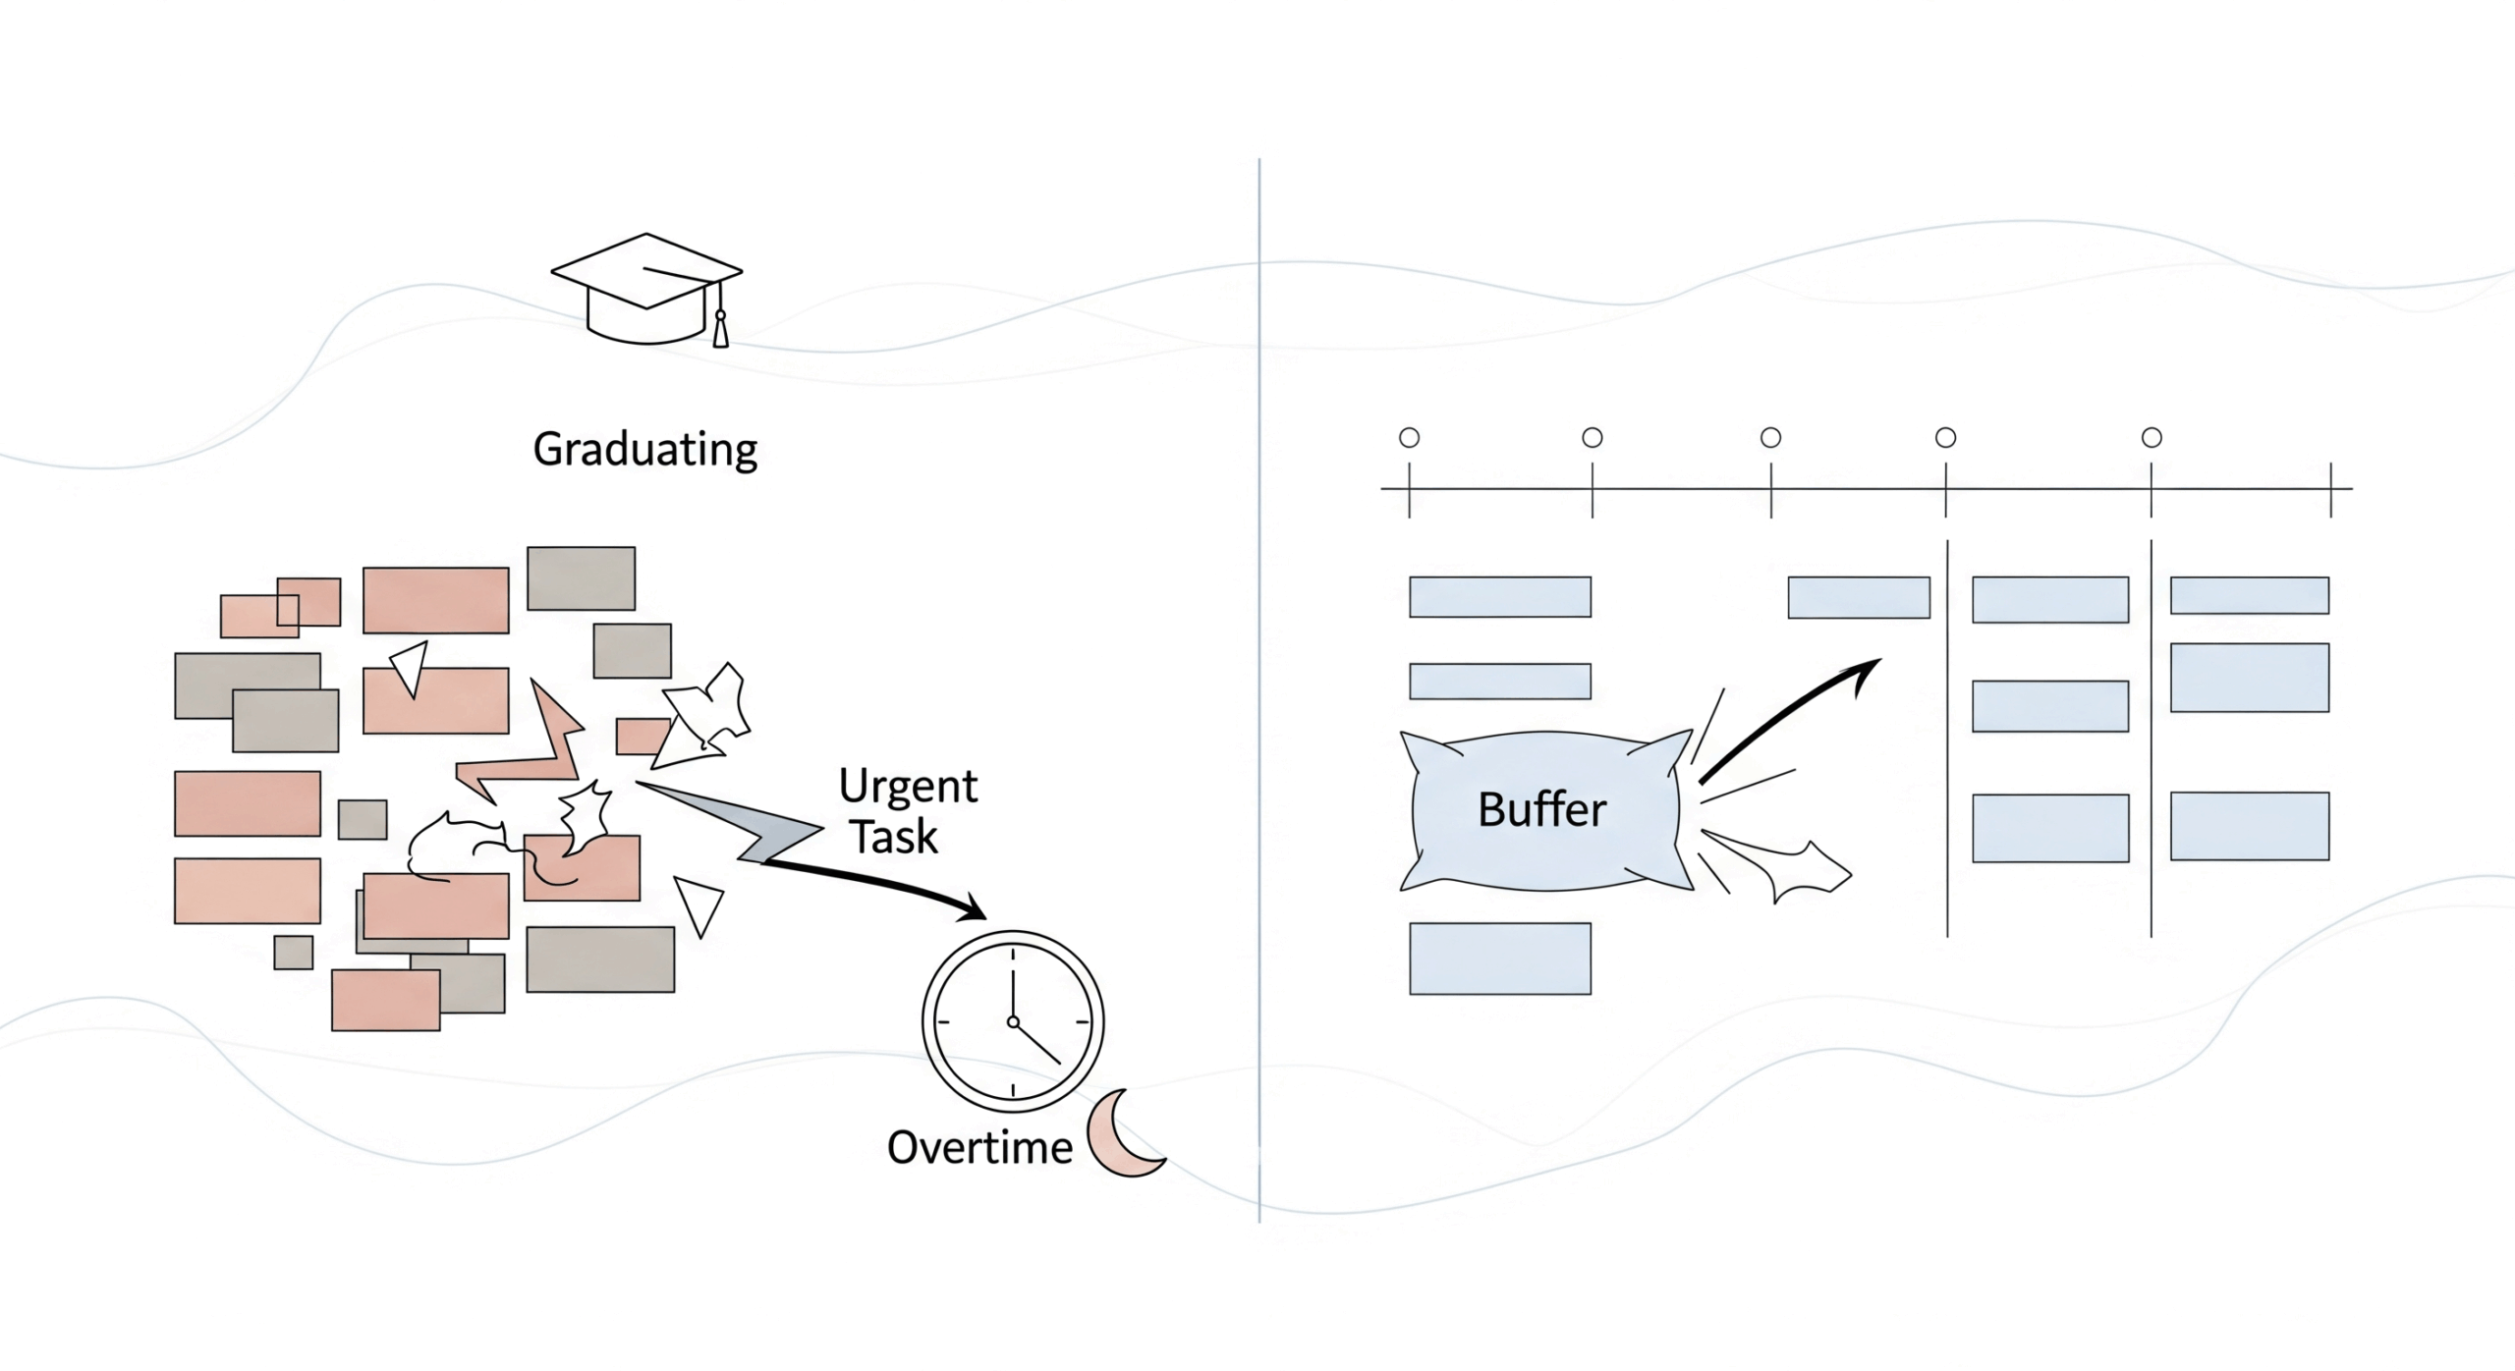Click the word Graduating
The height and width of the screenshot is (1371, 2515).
(x=644, y=450)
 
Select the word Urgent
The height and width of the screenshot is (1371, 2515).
(x=908, y=787)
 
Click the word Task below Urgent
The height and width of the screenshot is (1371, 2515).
(x=894, y=838)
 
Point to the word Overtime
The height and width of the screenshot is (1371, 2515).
(x=979, y=1148)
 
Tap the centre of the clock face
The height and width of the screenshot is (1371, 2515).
(x=1013, y=1022)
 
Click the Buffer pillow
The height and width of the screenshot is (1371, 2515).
(x=1542, y=811)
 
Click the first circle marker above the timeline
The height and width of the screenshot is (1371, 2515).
(x=1409, y=438)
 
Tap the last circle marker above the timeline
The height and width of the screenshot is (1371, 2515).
(x=2152, y=438)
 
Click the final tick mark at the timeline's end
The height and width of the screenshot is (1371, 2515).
(x=2330, y=489)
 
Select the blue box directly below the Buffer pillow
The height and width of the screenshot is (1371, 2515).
(x=1500, y=959)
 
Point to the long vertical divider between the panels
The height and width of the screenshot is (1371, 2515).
(x=1258, y=687)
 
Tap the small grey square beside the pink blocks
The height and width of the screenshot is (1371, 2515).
(x=363, y=819)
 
